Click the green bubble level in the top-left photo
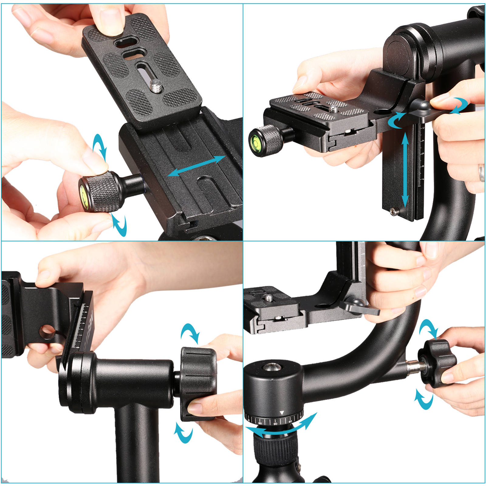83,194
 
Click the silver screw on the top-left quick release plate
157,86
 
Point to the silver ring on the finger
481,172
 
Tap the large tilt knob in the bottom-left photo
199,384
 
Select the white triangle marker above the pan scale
282,413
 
